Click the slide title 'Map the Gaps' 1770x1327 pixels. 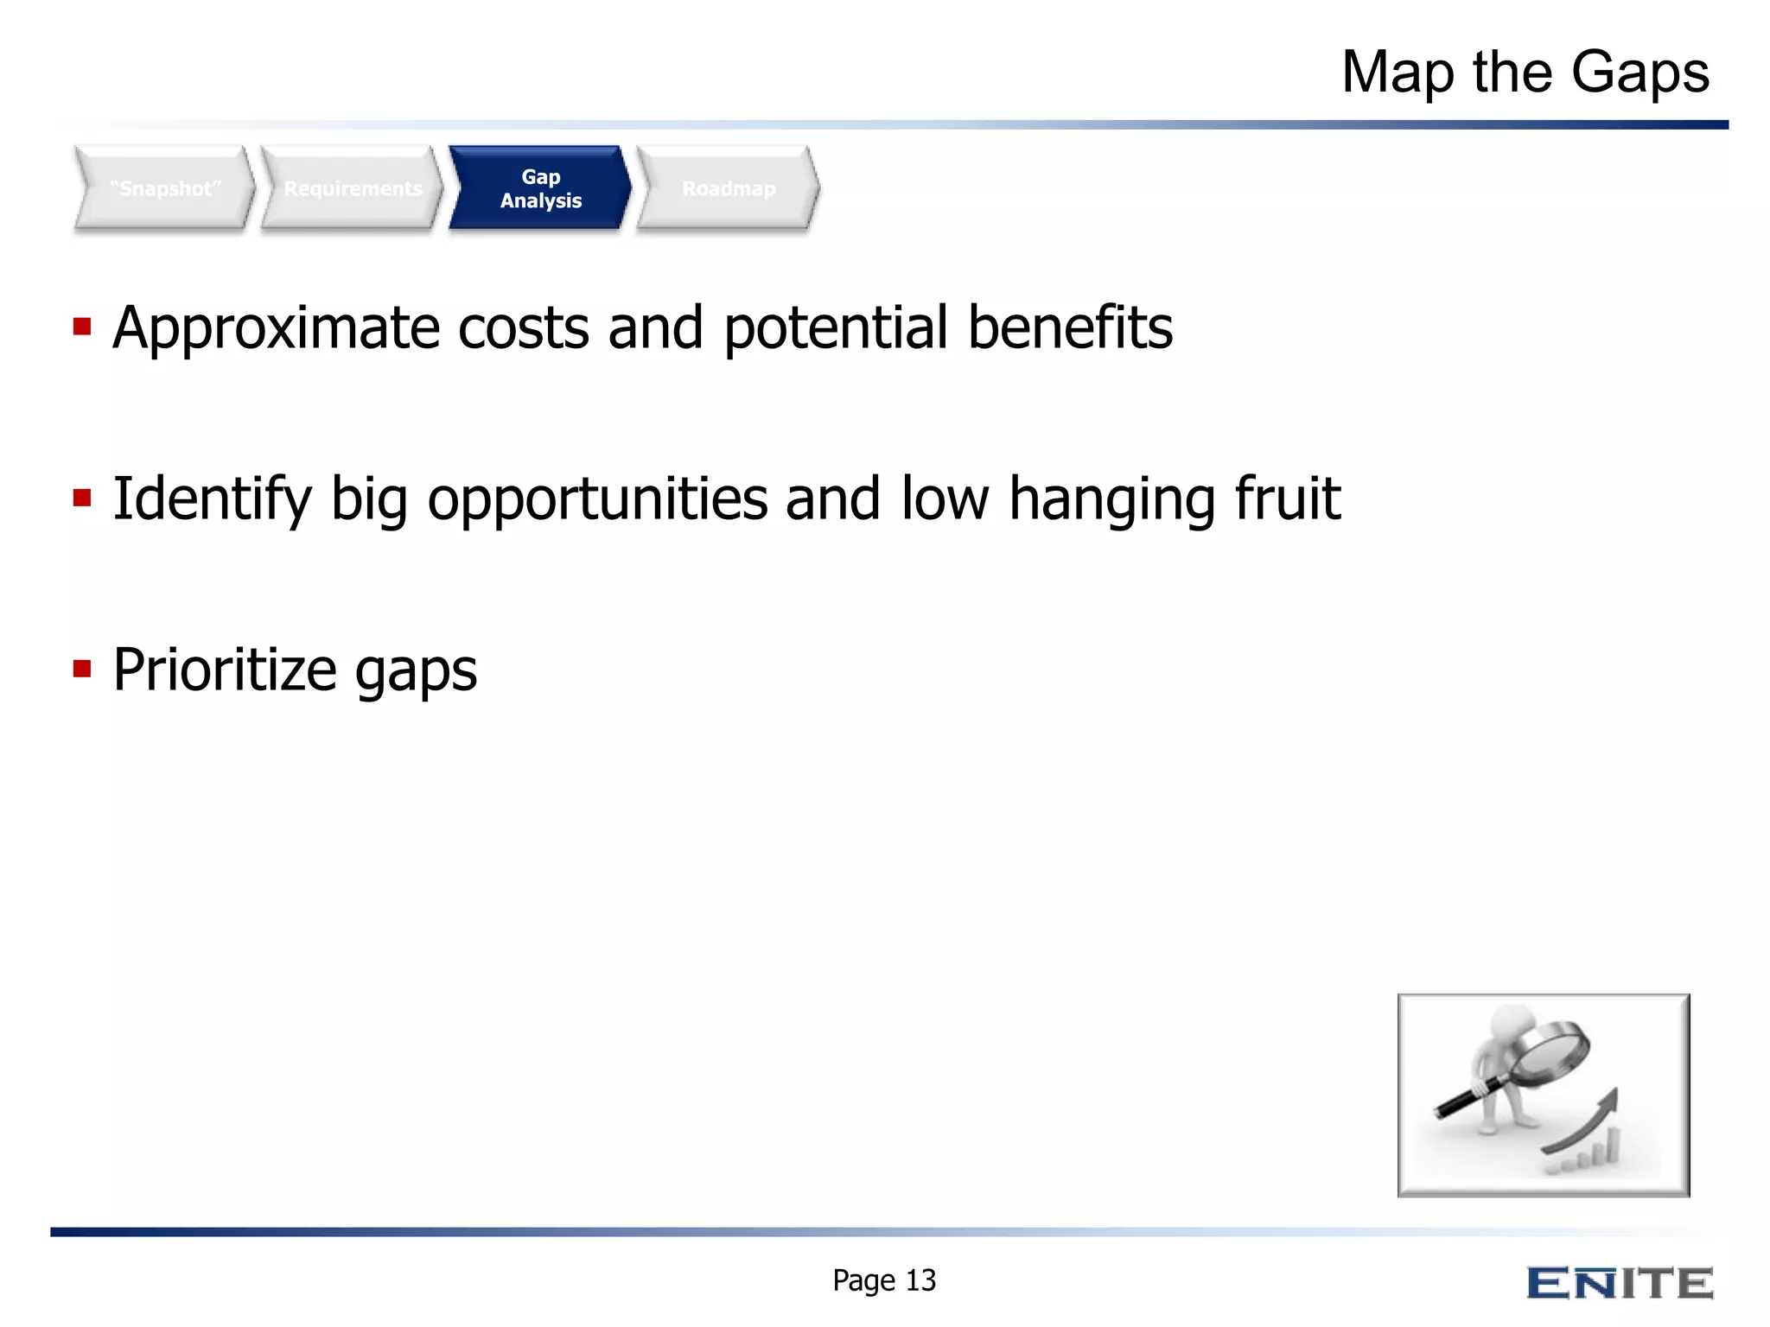pos(1525,73)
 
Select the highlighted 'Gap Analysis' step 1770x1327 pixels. pos(540,188)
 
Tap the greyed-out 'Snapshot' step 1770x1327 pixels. pos(165,188)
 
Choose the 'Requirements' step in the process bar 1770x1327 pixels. pos(353,188)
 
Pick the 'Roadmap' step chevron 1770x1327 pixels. pos(729,188)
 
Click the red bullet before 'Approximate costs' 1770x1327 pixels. pos(82,327)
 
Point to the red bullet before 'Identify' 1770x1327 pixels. pos(82,498)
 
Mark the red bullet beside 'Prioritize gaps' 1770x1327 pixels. pos(82,669)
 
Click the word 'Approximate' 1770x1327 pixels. pos(277,328)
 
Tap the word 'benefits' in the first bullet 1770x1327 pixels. pos(1070,328)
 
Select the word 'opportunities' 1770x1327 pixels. pos(597,499)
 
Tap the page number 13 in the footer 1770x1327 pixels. pos(921,1280)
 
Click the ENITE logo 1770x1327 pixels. pos(1620,1283)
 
